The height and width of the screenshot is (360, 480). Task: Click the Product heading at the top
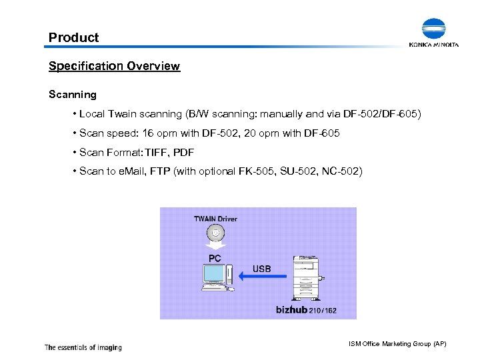[73, 37]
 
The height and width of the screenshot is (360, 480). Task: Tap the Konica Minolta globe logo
[433, 30]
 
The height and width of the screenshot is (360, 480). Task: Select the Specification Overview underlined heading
[114, 66]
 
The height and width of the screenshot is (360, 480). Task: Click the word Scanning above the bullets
[73, 95]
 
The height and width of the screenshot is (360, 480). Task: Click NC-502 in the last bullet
[341, 172]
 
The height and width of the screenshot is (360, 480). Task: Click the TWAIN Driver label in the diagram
[215, 219]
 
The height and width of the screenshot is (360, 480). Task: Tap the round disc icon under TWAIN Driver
[215, 233]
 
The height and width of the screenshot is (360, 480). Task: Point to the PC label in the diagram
[215, 257]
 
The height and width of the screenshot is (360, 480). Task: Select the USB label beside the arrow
[261, 269]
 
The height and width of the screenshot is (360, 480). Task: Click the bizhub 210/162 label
[306, 310]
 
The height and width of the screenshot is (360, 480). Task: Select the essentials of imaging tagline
[83, 347]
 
